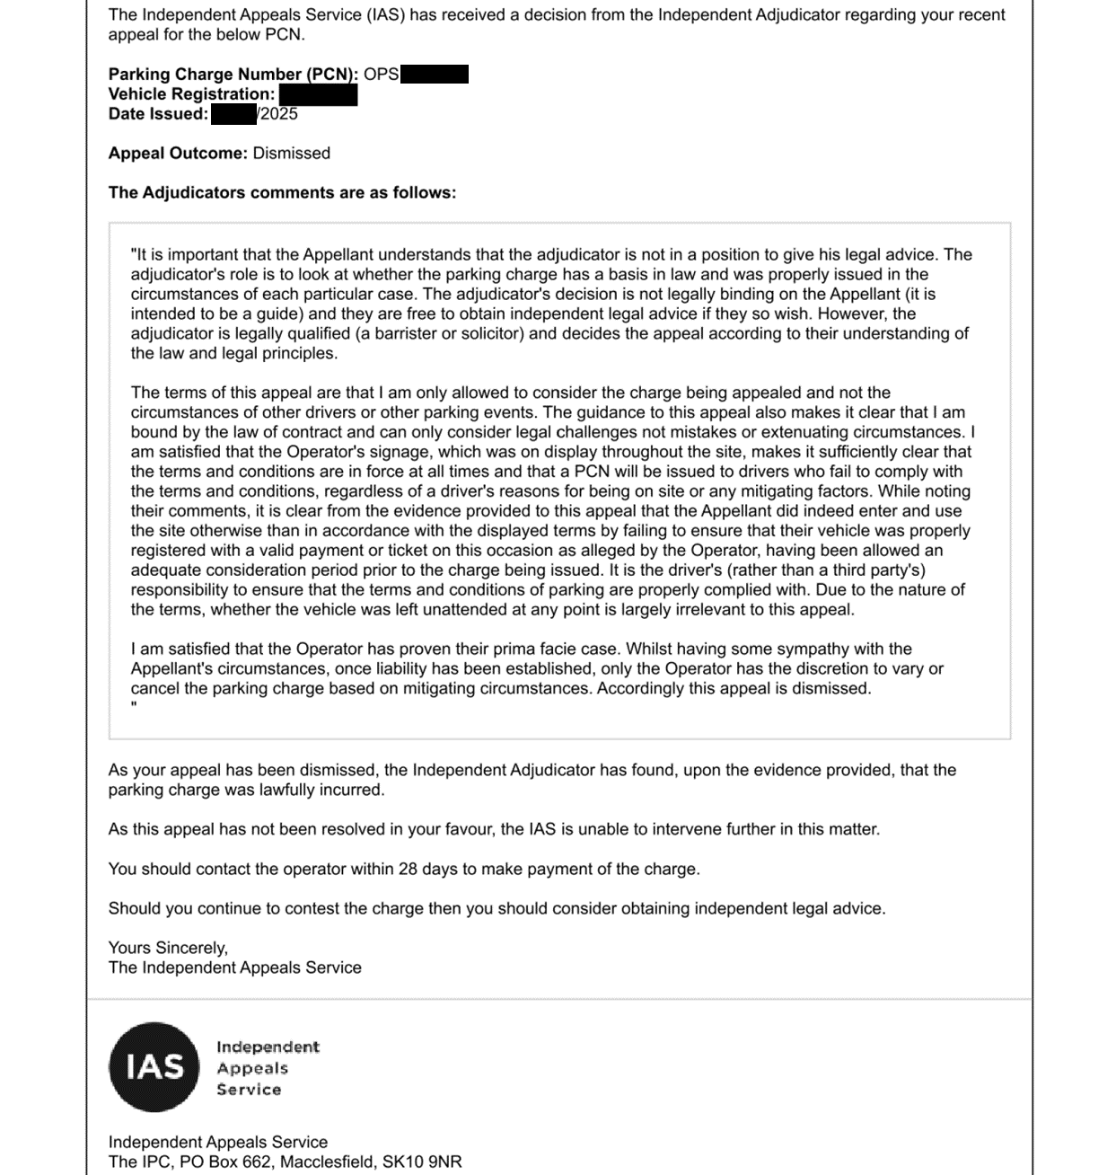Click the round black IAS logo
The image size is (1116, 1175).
pos(154,1067)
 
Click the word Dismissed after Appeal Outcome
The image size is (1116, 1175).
pos(292,154)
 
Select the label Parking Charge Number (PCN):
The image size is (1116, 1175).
pos(233,75)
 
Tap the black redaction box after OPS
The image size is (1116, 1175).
pos(435,75)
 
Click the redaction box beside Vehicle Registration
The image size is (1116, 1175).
pos(318,94)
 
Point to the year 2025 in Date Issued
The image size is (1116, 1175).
pos(279,114)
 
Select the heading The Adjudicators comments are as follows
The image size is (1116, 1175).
pos(282,193)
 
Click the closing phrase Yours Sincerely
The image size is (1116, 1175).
pos(168,948)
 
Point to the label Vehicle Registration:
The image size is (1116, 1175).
pos(191,94)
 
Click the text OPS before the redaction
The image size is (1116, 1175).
pos(381,75)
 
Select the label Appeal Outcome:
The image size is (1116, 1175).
pos(178,154)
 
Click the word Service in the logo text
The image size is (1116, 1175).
pos(249,1090)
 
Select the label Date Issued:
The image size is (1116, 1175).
pos(158,114)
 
